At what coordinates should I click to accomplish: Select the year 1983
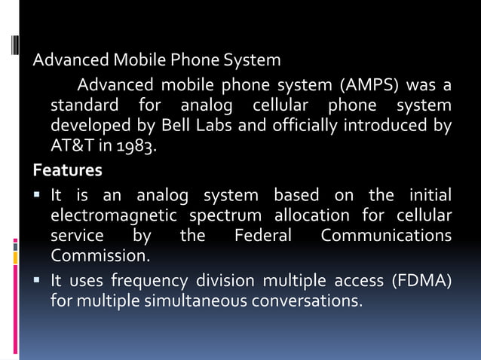[x=137, y=146]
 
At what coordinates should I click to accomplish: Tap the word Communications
[x=386, y=236]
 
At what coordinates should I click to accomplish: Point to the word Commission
[x=100, y=257]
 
